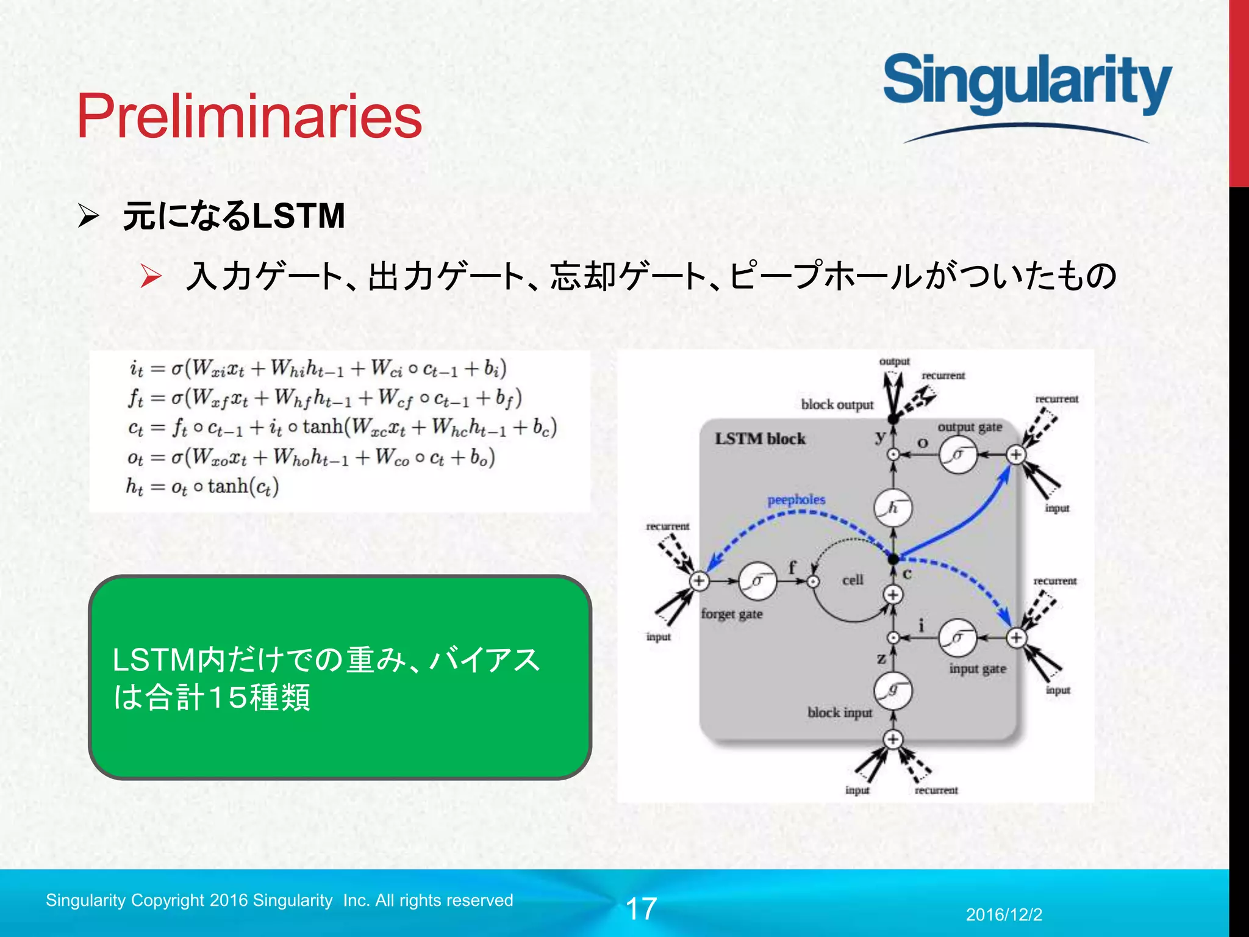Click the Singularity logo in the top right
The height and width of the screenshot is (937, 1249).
(1027, 85)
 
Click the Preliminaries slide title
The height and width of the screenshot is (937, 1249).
(249, 116)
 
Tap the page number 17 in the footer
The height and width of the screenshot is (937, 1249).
(641, 909)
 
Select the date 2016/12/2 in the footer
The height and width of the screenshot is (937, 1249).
(1004, 914)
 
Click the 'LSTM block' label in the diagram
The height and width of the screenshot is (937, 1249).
(760, 439)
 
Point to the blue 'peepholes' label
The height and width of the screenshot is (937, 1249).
(796, 500)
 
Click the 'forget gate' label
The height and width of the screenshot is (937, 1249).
(731, 614)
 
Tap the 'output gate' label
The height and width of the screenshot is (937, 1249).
(970, 427)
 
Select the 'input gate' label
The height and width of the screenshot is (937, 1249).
(977, 669)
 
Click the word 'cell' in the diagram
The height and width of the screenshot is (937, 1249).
(853, 580)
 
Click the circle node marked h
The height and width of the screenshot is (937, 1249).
(893, 508)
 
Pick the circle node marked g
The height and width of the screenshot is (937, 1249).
(893, 691)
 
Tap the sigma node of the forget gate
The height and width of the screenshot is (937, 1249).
(757, 581)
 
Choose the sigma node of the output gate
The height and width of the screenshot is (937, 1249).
(957, 455)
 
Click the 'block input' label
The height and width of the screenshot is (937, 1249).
(840, 713)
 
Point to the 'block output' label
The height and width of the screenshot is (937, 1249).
(837, 404)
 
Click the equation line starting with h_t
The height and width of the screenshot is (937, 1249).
(202, 486)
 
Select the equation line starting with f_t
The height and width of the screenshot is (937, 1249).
(325, 398)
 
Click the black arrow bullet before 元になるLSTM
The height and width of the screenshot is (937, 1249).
(88, 216)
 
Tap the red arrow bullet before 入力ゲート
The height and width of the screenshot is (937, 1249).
(150, 276)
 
